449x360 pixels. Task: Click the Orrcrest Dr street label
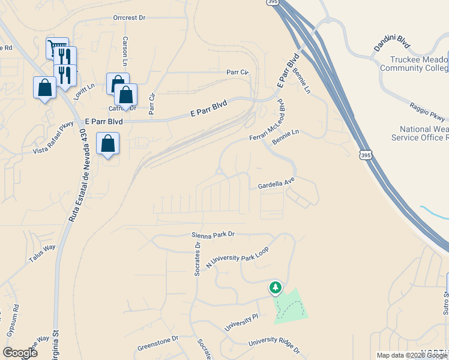pyautogui.click(x=129, y=17)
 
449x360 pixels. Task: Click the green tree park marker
pyautogui.click(x=276, y=288)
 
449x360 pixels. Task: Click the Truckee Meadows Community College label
pyautogui.click(x=414, y=64)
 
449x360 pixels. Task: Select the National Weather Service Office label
pyautogui.click(x=420, y=133)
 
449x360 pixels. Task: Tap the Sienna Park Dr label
pyautogui.click(x=212, y=235)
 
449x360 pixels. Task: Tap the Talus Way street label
pyautogui.click(x=42, y=254)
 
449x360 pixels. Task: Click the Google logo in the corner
pyautogui.click(x=20, y=352)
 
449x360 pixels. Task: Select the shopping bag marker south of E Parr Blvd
pyautogui.click(x=107, y=144)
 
